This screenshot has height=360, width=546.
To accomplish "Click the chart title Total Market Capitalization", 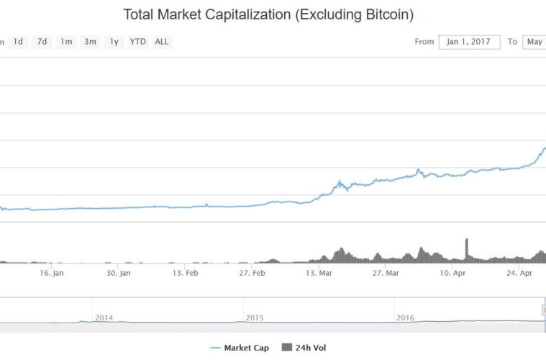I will (x=268, y=14).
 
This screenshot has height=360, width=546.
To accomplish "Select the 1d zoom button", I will (x=18, y=42).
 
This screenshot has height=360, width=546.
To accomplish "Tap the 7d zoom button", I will (x=42, y=42).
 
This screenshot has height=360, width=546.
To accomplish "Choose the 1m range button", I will (x=66, y=42).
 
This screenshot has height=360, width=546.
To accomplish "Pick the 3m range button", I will (x=90, y=42).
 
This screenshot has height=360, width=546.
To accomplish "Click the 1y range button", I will (x=114, y=42).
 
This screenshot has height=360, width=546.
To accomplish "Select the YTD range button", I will (x=137, y=42).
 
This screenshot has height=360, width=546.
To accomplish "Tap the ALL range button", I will (x=162, y=42).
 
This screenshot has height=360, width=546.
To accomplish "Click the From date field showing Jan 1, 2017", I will (x=469, y=42).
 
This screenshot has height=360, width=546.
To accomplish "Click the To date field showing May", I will (x=534, y=42).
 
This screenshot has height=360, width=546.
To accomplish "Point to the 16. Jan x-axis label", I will (x=53, y=273).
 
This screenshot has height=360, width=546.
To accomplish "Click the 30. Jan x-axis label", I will (x=119, y=273).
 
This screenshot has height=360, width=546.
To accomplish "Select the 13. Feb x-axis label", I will (x=186, y=273).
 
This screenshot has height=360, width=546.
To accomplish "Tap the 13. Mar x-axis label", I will (x=319, y=273).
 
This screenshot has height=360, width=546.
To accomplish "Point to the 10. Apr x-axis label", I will (x=452, y=273).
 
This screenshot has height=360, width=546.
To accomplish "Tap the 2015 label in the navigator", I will (x=255, y=317).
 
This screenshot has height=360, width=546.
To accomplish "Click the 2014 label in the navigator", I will (x=104, y=317).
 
